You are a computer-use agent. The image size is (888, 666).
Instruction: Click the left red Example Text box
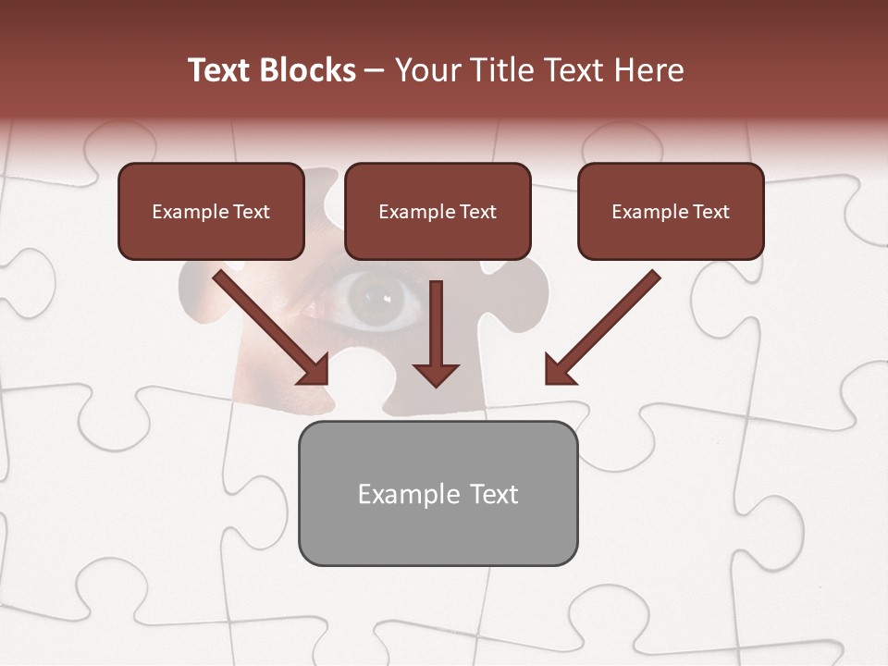211,211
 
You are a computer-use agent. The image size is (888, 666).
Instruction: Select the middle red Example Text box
438,211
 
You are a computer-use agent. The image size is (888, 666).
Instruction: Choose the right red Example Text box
671,211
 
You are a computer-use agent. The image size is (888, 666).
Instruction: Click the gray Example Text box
438,493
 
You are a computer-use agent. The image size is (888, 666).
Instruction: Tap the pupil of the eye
375,298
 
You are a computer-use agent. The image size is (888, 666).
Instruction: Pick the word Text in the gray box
494,494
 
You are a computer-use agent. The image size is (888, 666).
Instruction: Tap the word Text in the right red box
710,212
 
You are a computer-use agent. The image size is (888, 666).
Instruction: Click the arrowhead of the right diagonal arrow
557,371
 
